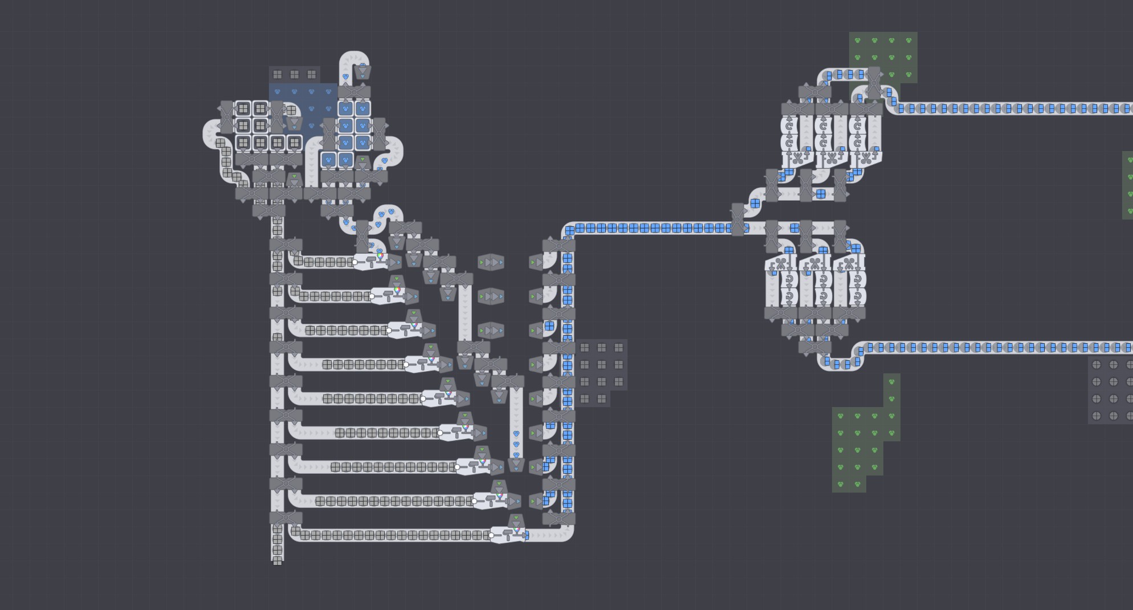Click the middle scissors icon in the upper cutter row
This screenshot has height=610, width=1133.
[832, 158]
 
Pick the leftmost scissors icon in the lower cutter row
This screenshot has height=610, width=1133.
[780, 263]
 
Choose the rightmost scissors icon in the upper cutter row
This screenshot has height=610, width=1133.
[866, 158]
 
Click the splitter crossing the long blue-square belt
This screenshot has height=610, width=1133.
[737, 219]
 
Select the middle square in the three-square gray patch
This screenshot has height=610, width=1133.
[295, 75]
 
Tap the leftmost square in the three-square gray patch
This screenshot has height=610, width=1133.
[278, 75]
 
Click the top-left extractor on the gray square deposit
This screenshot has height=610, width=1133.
[243, 108]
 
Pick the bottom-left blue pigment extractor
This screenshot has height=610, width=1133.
[329, 160]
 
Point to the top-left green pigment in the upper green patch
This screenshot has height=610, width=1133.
[857, 40]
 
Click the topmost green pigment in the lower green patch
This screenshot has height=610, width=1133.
[891, 382]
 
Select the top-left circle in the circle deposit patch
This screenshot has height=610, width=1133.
[1097, 365]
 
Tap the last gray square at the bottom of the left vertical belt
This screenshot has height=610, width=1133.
[278, 561]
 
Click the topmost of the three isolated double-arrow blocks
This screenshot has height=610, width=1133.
[491, 262]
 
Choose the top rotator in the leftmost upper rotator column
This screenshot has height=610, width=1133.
[789, 125]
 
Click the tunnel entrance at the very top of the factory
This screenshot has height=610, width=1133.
[362, 71]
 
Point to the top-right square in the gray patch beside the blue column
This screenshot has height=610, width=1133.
[619, 348]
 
